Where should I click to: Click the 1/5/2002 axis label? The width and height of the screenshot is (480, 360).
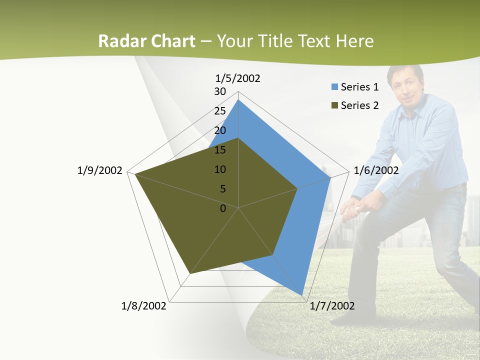237,78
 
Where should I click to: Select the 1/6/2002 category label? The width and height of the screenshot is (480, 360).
376,170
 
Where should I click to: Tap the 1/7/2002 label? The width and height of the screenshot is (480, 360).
332,306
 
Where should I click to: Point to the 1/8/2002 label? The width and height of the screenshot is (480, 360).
143,306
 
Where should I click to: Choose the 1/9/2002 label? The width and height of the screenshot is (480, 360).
99,170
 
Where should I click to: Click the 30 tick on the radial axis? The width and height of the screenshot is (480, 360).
220,91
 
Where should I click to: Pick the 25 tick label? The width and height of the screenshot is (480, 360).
220,111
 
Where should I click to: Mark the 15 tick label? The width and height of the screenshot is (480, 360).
220,150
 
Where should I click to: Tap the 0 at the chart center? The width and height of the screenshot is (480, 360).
223,208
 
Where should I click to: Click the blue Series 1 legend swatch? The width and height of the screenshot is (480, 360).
334,87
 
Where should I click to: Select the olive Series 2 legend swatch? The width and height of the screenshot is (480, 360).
334,105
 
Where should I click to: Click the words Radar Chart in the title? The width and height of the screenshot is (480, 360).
146,41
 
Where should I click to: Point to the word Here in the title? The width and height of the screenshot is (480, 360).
354,41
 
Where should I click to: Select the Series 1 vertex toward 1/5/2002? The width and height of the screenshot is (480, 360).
238,100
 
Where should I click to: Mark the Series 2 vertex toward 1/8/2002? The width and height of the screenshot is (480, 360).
189,274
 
